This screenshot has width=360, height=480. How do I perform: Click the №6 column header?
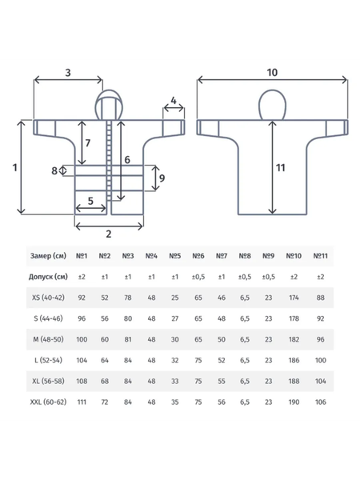coord(198,256)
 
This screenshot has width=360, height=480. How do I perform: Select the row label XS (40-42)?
coord(48,298)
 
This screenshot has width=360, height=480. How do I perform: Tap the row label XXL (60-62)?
coord(48,402)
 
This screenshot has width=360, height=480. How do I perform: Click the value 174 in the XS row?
coord(294,298)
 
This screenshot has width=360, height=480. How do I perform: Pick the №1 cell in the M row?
coord(82,339)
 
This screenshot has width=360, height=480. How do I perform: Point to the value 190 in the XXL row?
coord(294,402)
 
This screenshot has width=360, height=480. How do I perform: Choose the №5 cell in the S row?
coord(174,318)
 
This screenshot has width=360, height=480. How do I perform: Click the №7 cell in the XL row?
coord(222,381)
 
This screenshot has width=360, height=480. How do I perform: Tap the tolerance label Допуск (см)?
coord(48,277)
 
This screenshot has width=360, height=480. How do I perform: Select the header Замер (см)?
coord(48,256)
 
